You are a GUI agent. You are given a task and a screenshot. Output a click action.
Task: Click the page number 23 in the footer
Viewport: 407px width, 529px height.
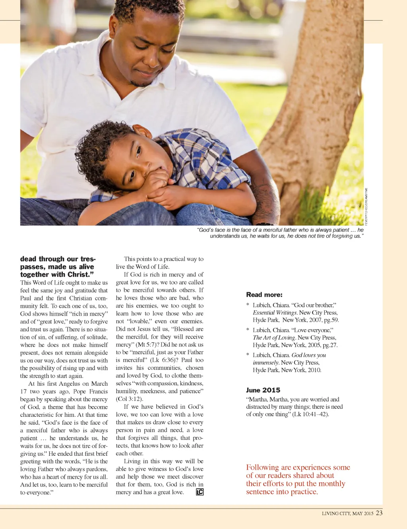379,513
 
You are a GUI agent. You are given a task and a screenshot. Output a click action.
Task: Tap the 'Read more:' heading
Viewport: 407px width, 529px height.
264,295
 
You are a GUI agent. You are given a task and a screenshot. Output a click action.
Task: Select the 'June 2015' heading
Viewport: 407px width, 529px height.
263,390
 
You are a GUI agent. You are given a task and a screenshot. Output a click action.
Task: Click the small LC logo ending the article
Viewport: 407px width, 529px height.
200,492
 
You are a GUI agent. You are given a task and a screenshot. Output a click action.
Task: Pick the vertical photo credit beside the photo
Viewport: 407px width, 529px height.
366,207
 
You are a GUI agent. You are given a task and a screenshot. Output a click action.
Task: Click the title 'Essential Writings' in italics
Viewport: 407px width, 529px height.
275,313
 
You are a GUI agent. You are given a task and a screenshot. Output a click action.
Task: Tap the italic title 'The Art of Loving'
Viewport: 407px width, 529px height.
274,338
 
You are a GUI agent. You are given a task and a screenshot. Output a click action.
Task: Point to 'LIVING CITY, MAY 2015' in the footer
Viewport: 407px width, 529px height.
347,513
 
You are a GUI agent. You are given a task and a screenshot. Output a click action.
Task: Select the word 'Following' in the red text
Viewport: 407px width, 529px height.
262,467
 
